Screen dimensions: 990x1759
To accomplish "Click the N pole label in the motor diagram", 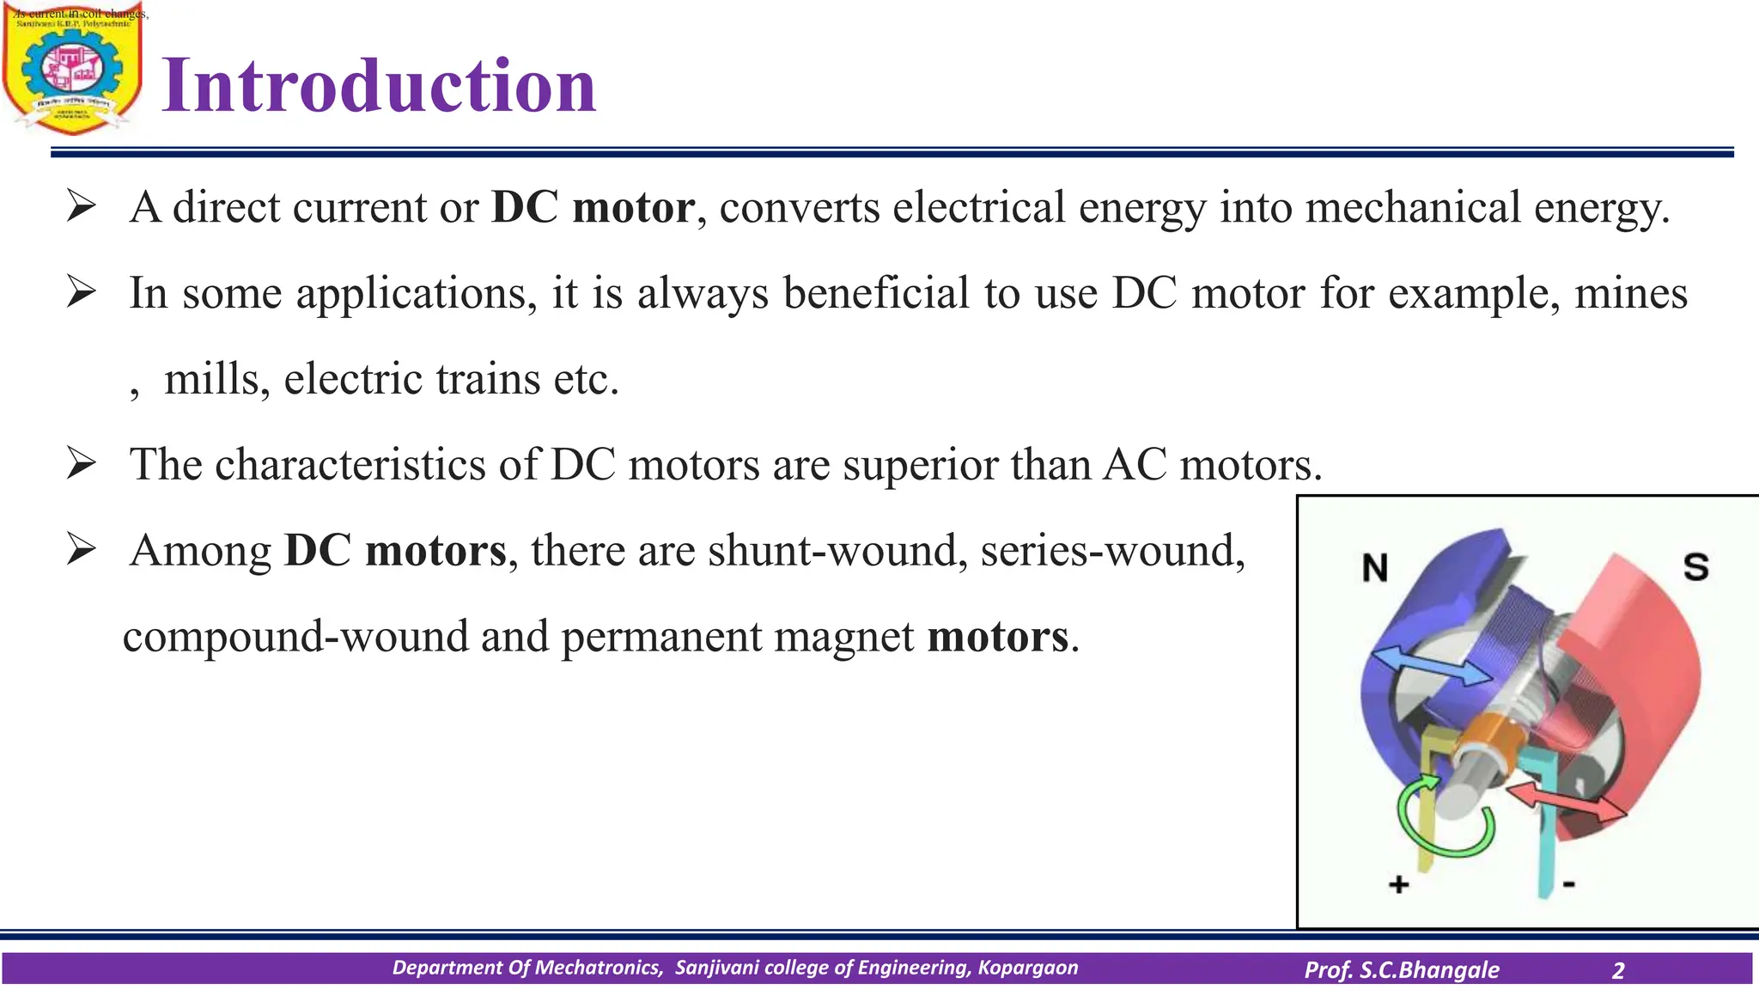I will tap(1375, 568).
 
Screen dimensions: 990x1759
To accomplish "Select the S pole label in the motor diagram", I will tap(1695, 567).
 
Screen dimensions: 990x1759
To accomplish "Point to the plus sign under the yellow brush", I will tap(1399, 883).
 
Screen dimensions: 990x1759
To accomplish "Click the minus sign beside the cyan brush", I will tap(1568, 883).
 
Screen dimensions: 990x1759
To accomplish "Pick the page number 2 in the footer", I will tap(1618, 970).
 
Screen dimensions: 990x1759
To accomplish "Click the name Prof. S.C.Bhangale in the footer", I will tap(1402, 970).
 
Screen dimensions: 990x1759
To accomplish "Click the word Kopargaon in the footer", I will tap(1027, 968).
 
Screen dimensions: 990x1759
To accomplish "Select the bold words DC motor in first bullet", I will tap(593, 207).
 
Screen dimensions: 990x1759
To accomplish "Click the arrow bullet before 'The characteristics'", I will tap(81, 465).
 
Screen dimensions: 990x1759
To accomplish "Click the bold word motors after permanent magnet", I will tap(998, 637).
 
